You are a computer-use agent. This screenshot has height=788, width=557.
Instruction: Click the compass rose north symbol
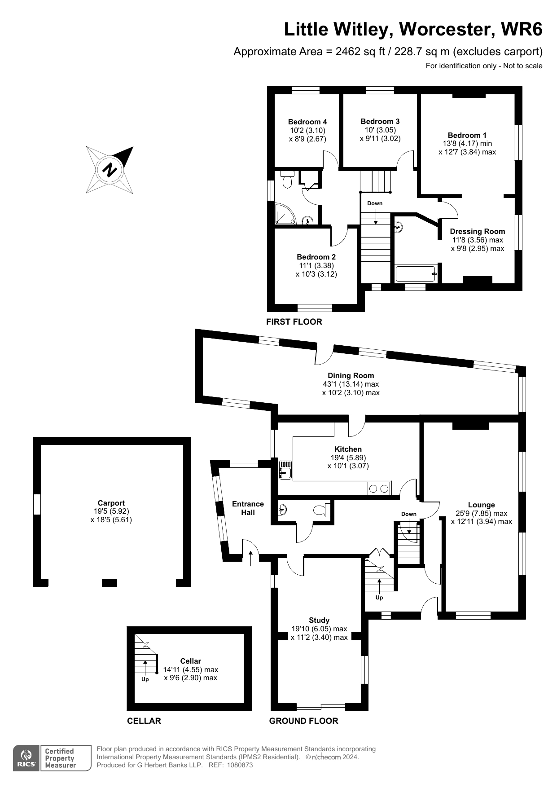(x=110, y=170)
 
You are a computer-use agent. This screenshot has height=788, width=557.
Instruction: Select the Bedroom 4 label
(x=307, y=122)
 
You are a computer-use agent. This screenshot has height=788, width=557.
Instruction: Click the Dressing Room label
(x=477, y=231)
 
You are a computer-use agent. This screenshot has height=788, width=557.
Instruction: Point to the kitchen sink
(x=285, y=471)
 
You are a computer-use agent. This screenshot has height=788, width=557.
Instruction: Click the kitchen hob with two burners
(x=379, y=489)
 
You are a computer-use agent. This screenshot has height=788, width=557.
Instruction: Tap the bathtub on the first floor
(x=415, y=273)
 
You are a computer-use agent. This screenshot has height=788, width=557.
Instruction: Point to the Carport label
(x=111, y=503)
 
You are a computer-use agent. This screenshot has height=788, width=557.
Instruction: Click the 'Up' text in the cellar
(x=145, y=679)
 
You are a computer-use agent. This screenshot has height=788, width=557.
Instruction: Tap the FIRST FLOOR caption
(x=294, y=321)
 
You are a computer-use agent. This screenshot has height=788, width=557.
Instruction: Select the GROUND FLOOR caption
(x=303, y=721)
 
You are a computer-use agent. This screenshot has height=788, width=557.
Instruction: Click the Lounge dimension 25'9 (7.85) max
(x=481, y=513)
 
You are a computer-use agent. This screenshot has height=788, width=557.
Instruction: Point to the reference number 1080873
(x=240, y=765)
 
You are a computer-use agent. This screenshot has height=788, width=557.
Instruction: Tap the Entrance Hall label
(x=248, y=508)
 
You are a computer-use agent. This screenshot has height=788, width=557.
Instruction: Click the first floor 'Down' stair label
(x=375, y=203)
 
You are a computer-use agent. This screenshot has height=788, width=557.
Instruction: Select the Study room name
(x=319, y=620)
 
